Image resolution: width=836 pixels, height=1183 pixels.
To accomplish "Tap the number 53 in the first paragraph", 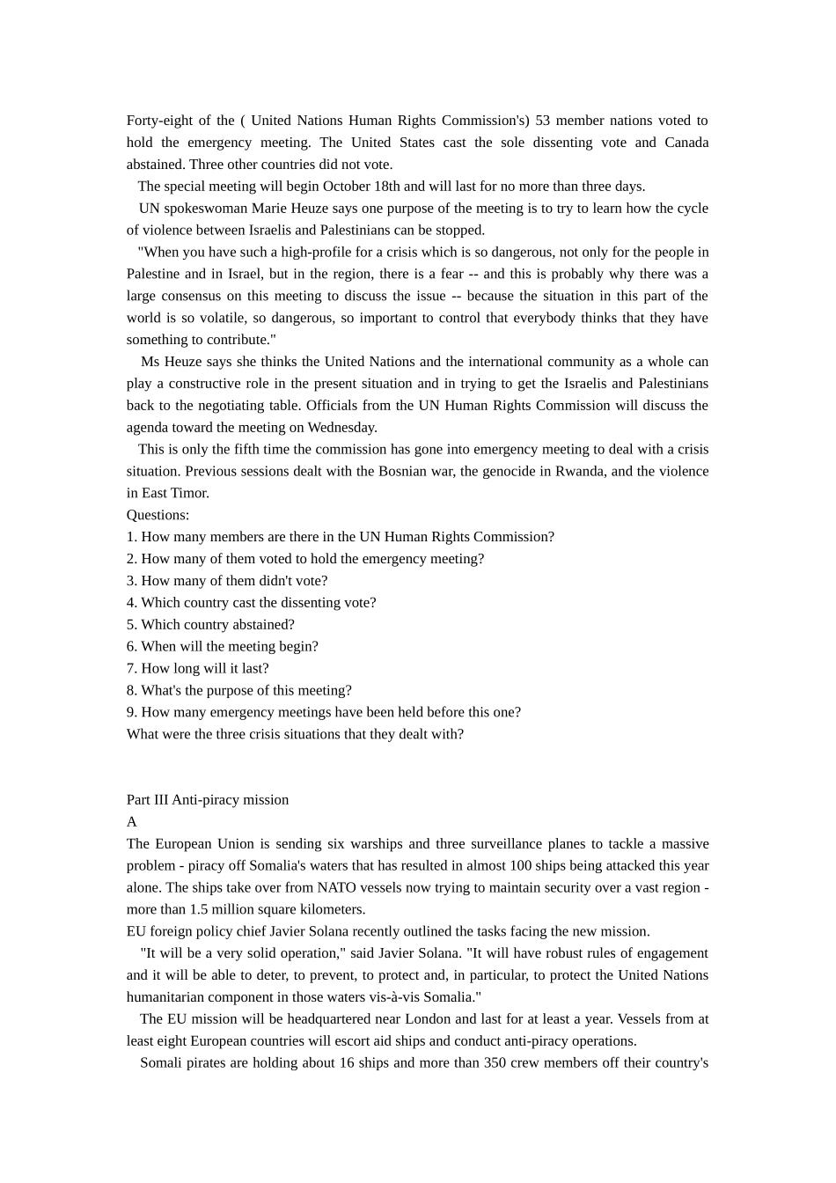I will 542,121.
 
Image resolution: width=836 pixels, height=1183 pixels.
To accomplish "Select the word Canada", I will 686,143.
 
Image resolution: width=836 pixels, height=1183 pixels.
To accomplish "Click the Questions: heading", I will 158,515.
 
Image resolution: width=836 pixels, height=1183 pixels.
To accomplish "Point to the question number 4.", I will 131,603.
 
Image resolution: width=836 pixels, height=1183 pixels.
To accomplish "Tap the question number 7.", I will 131,669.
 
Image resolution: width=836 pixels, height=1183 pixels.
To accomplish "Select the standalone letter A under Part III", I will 132,822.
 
